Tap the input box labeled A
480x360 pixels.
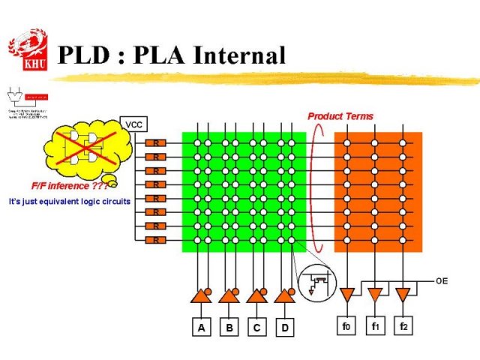pos(200,328)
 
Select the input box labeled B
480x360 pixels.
pos(229,328)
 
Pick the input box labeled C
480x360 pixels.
pos(257,328)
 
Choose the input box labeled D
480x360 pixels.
pos(285,328)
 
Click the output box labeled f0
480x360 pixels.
pos(346,326)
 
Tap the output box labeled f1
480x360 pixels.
pos(375,326)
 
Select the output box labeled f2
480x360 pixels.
pos(403,326)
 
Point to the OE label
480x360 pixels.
pos(442,280)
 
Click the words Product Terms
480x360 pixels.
pos(340,116)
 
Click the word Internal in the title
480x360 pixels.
pos(238,55)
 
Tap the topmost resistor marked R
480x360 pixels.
pos(156,142)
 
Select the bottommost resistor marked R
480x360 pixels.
pos(156,240)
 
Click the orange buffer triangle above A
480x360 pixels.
pos(200,297)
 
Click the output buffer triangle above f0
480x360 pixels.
pos(346,294)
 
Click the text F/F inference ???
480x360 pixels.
pos(58,186)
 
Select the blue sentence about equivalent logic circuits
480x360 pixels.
pos(69,202)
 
